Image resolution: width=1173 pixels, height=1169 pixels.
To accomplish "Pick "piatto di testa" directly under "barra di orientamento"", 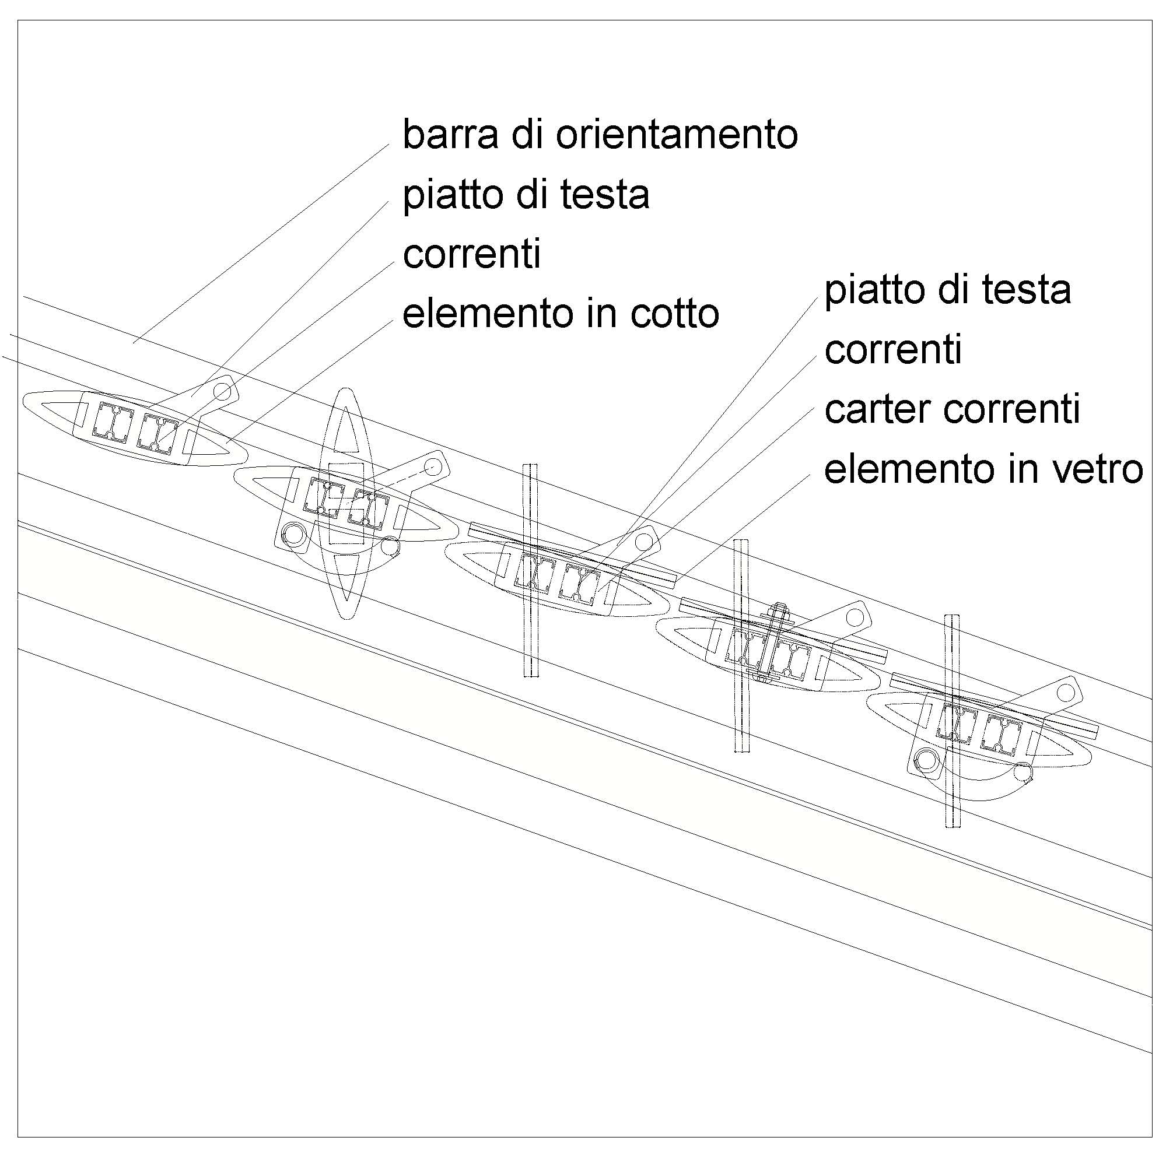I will pos(526,195).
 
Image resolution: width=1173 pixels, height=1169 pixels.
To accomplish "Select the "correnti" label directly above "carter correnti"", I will pos(892,350).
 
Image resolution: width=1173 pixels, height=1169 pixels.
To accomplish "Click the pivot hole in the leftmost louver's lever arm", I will pos(222,391).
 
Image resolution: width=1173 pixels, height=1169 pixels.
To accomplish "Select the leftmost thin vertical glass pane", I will pos(530,571).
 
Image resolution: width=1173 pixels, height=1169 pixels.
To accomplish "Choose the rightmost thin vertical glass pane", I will pos(951,722).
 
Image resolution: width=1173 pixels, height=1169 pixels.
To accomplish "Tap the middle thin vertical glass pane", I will pos(741,646).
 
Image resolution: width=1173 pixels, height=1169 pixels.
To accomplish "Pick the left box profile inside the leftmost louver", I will pos(113,420).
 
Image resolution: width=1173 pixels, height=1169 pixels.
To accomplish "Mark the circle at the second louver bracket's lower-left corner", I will pos(295,533).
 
